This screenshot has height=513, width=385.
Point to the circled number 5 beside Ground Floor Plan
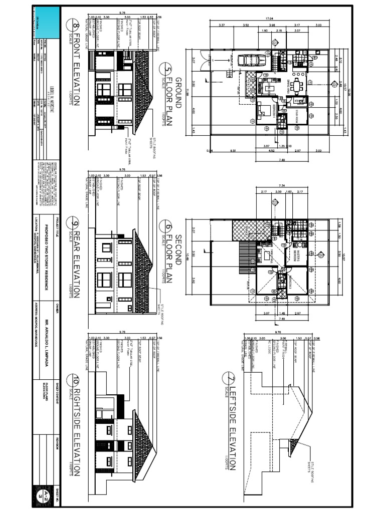coord(167,69)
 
